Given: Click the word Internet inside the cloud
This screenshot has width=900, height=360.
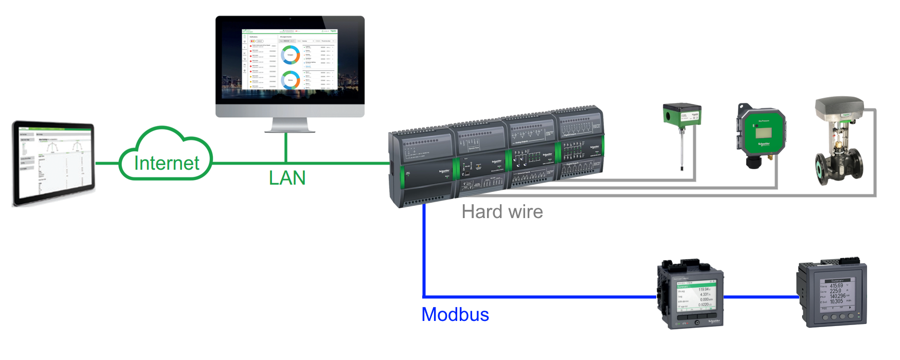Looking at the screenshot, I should pyautogui.click(x=166, y=163).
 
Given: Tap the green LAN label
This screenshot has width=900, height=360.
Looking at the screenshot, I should pyautogui.click(x=287, y=178).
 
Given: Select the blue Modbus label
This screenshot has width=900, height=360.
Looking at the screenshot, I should pyautogui.click(x=455, y=314).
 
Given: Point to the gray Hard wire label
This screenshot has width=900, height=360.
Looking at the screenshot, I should pyautogui.click(x=502, y=211).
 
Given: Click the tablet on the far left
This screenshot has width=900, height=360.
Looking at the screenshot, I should pyautogui.click(x=53, y=164).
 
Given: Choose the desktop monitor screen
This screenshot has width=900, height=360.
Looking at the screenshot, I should pyautogui.click(x=290, y=60).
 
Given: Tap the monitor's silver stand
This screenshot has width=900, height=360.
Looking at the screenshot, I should pyautogui.click(x=290, y=125).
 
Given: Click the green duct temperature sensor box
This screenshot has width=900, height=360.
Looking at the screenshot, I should pyautogui.click(x=681, y=115).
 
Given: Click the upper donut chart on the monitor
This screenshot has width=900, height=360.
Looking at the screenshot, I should pyautogui.click(x=290, y=55).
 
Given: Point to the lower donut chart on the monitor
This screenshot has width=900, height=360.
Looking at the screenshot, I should pyautogui.click(x=290, y=80).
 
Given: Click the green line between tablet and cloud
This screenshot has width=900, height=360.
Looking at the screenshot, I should pyautogui.click(x=107, y=164).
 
